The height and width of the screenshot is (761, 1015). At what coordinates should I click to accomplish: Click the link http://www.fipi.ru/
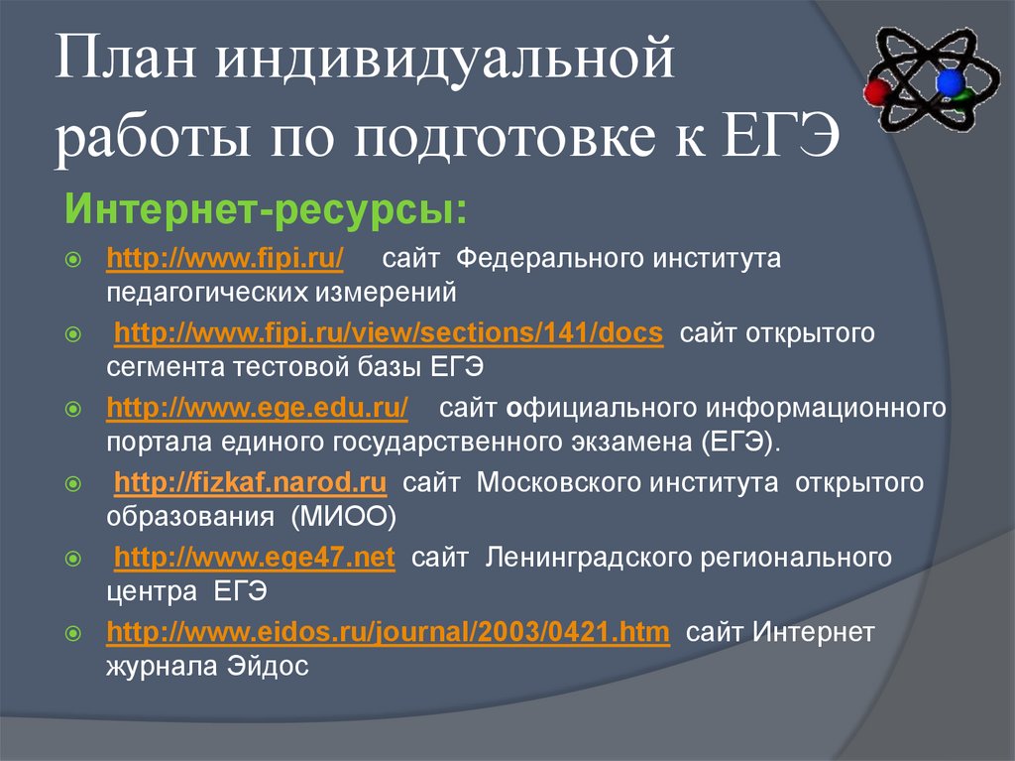(225, 260)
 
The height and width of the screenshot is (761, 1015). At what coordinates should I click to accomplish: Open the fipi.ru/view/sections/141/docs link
(389, 333)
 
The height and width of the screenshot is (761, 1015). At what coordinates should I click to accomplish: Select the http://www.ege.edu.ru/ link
(257, 408)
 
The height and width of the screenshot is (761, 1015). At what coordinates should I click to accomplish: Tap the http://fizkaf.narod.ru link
(250, 483)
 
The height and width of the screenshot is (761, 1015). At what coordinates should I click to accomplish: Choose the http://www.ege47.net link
(255, 558)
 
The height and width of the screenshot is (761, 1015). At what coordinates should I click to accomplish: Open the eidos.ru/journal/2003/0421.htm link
(388, 632)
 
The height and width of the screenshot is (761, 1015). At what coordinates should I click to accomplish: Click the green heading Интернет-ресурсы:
(266, 210)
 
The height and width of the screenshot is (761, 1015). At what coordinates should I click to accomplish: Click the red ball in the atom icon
(876, 93)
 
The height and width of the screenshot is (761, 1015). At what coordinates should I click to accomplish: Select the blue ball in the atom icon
(950, 82)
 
